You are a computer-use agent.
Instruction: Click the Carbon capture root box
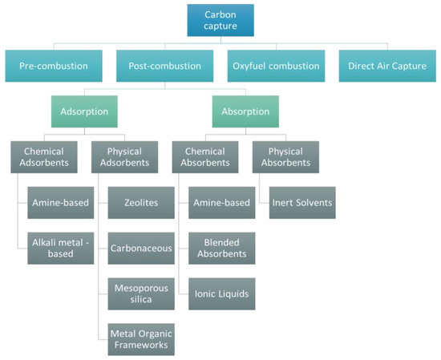(220, 20)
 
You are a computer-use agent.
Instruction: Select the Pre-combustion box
(53, 66)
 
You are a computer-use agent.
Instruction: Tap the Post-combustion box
(164, 66)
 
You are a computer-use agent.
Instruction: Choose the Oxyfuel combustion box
(276, 66)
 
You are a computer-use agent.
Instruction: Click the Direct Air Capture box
(387, 66)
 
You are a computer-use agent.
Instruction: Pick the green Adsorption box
(84, 112)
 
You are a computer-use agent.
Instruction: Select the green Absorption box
(245, 112)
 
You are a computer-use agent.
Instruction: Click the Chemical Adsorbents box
(44, 157)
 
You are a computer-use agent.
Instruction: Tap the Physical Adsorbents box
(124, 157)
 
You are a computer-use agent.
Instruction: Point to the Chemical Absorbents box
(204, 157)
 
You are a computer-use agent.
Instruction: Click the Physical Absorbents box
(285, 157)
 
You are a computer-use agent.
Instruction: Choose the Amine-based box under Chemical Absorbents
(222, 203)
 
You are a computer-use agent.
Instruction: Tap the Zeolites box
(142, 203)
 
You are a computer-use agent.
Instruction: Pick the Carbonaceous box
(142, 248)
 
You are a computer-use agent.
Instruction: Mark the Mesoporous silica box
(142, 293)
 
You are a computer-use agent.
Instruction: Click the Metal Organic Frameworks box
(142, 338)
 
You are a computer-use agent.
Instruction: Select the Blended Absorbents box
(222, 248)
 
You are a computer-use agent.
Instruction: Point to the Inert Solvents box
(302, 203)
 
